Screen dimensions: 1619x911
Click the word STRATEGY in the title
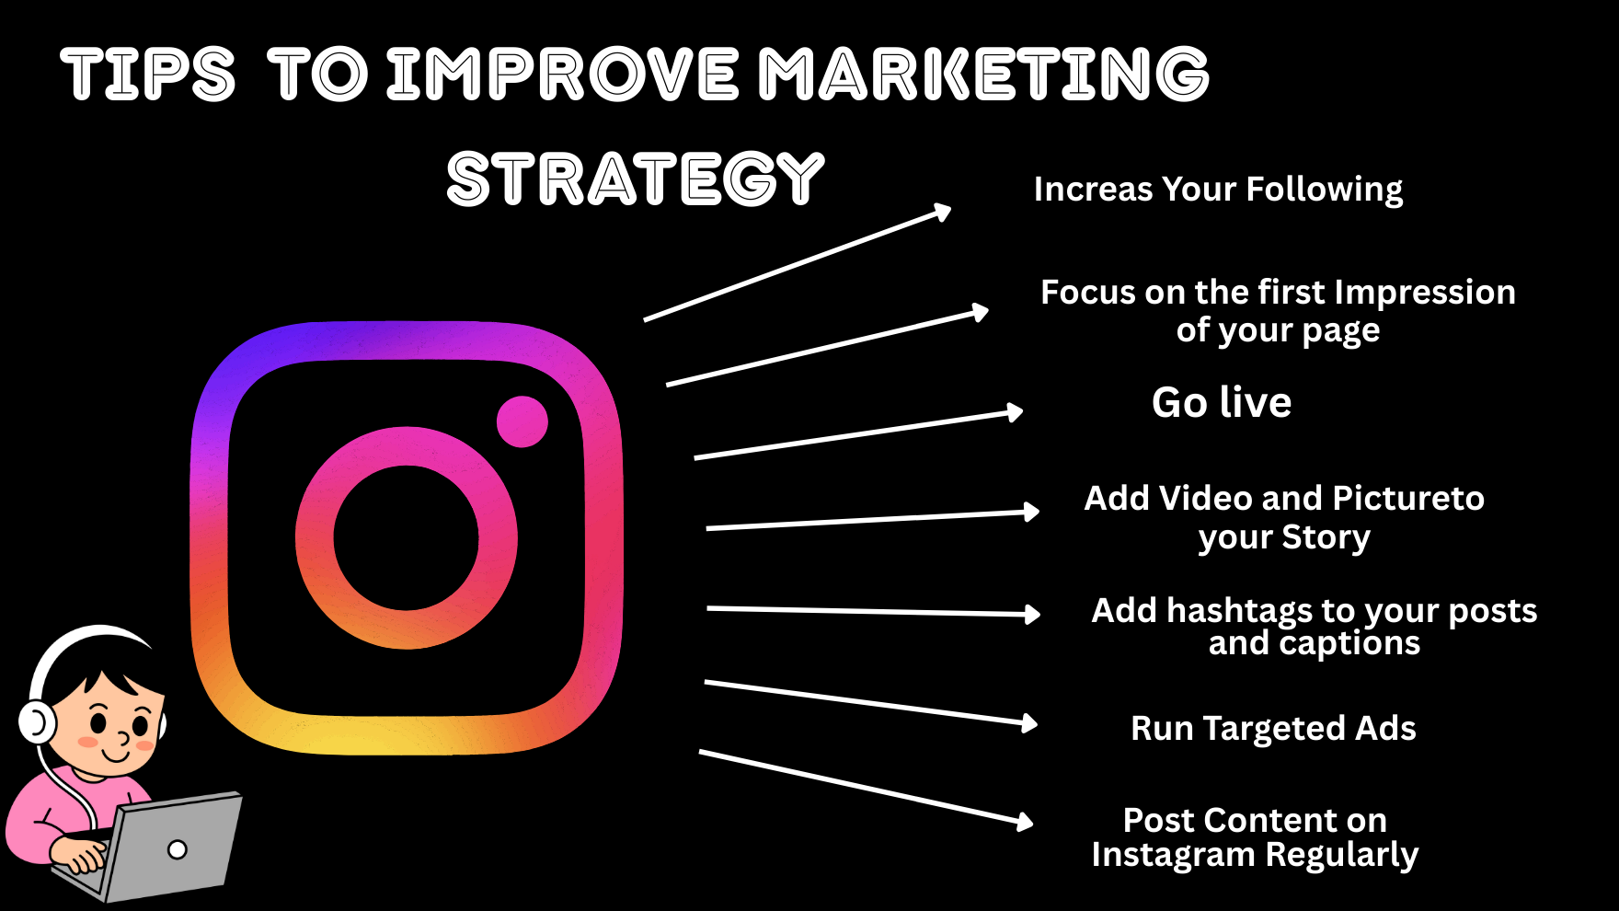coord(635,179)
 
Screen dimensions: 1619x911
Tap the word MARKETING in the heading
coord(983,74)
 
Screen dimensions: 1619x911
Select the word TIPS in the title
coord(148,74)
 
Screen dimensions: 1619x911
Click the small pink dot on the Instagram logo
coord(522,421)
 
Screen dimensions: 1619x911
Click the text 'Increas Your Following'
coord(1218,190)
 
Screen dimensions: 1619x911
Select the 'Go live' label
coord(1222,402)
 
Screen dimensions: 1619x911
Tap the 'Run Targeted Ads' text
coord(1273,729)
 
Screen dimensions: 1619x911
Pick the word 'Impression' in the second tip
coord(1425,293)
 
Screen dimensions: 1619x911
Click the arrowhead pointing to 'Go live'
coord(1015,412)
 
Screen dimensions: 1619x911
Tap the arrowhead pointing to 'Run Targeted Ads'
coord(1029,723)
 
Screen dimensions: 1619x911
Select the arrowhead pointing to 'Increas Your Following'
coord(942,213)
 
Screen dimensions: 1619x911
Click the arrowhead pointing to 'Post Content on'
coord(1025,821)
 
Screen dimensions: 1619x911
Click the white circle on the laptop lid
coord(178,849)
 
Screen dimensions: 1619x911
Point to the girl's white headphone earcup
coord(37,722)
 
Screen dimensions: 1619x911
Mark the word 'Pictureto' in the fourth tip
coord(1408,499)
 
